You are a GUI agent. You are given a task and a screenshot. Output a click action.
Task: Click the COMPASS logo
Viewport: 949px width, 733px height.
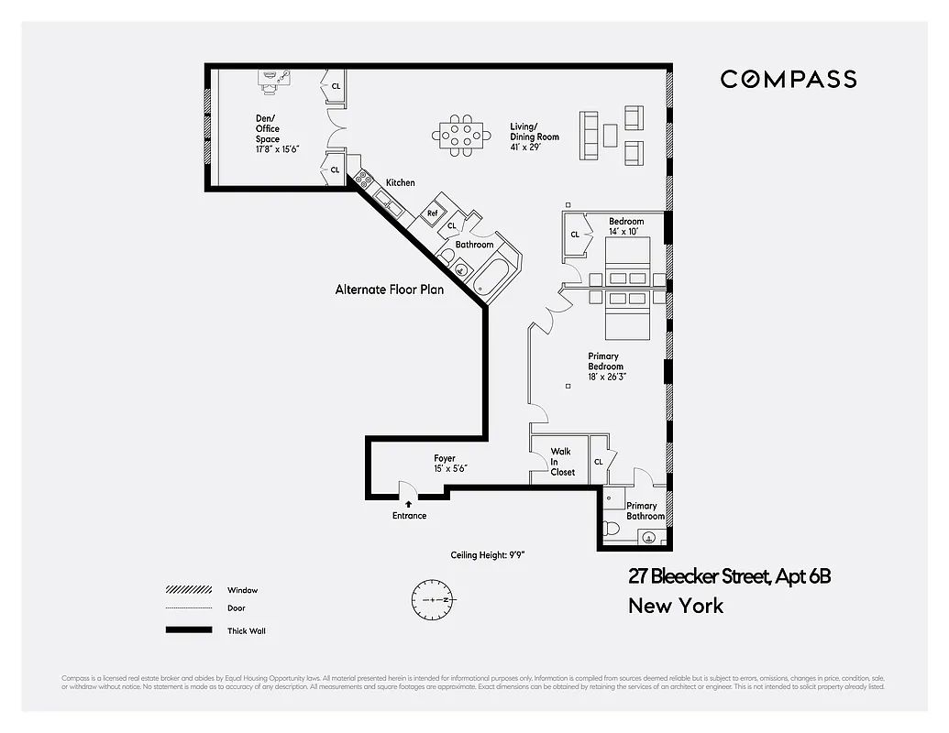click(788, 79)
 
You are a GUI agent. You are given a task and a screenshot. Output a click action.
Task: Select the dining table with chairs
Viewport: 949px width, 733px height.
click(460, 135)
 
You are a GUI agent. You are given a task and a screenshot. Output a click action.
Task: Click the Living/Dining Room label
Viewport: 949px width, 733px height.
click(534, 132)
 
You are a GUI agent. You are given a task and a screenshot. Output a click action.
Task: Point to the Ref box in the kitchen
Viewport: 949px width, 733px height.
click(432, 213)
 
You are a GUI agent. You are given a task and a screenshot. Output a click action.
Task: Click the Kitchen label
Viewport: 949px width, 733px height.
click(400, 183)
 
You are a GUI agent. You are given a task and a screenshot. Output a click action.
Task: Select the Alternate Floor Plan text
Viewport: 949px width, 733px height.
click(389, 290)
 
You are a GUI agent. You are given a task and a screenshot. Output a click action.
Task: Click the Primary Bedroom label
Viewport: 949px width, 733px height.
click(605, 366)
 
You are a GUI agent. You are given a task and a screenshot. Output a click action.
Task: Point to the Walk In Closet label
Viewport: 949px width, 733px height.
click(561, 462)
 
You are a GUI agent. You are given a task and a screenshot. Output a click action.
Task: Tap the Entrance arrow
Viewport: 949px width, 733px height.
click(409, 502)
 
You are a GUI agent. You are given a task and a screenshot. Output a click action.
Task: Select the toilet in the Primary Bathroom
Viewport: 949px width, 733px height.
click(612, 529)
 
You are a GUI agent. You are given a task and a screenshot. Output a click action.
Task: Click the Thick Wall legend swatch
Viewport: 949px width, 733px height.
click(188, 630)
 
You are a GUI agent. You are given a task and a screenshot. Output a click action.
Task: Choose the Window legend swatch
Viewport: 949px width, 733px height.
click(188, 590)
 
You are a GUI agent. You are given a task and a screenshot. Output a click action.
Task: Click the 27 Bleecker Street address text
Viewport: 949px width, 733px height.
click(729, 576)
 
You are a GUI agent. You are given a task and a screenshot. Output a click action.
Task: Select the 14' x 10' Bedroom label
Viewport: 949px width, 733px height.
click(626, 226)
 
